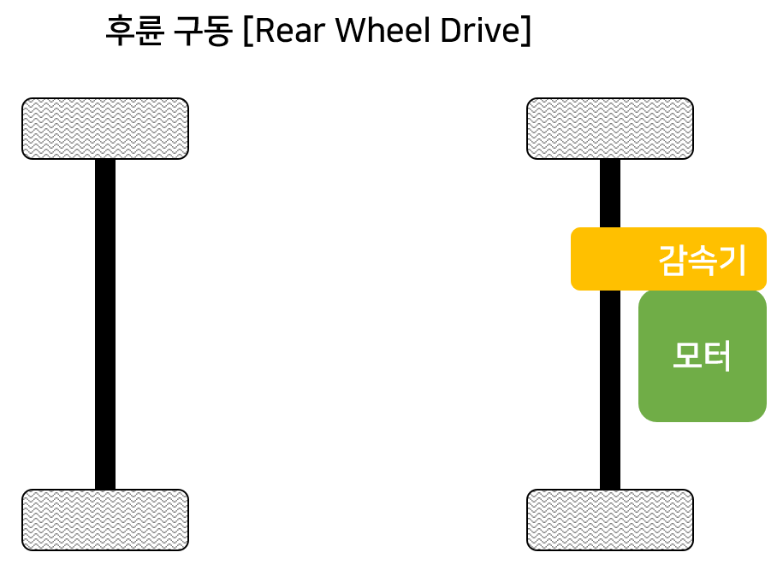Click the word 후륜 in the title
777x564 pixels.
127,32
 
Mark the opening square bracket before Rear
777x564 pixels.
247,32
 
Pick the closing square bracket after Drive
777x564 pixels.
525,32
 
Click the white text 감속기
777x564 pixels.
703,260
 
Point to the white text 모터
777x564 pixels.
702,356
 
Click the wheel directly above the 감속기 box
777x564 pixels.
610,128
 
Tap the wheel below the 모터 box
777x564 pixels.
610,520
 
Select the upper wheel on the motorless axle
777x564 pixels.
105,128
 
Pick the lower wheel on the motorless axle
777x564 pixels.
105,520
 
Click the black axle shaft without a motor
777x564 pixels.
105,325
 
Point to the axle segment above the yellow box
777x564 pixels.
610,193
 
